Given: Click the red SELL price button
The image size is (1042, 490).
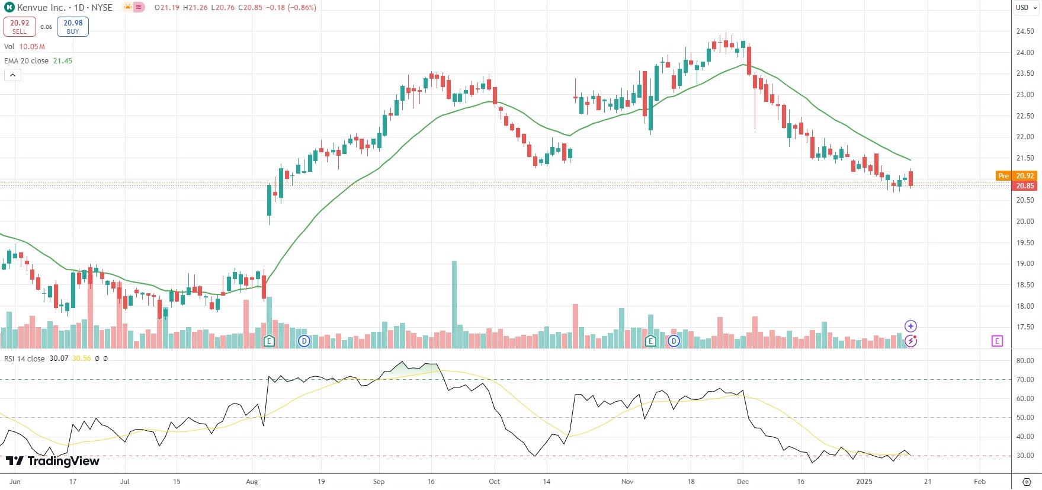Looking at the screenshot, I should coord(20,27).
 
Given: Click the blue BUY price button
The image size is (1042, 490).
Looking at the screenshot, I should coord(73,27).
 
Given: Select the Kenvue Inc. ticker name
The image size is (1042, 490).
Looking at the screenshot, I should coord(41,8).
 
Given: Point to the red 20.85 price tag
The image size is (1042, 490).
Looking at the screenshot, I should coord(1025,185).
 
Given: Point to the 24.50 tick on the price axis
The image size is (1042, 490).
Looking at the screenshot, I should coord(1025,31).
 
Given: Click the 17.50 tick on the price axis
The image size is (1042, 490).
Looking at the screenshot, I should coord(1025,327).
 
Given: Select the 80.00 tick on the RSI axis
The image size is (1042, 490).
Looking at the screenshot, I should coord(1025,361).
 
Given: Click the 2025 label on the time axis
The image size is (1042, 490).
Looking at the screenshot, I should coord(864,482).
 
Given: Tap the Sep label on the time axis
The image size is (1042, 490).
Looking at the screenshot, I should coord(379,482).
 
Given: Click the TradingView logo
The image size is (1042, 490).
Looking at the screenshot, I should coord(53,461).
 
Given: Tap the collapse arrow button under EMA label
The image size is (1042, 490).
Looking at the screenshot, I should coord(12,75).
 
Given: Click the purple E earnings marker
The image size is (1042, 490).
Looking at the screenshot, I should coord(997,341).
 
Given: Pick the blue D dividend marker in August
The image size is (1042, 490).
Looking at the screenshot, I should coord(304,341).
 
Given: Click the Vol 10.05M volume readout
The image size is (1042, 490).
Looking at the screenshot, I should coord(24,47).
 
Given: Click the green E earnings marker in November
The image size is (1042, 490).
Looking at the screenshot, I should coord(650,341).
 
